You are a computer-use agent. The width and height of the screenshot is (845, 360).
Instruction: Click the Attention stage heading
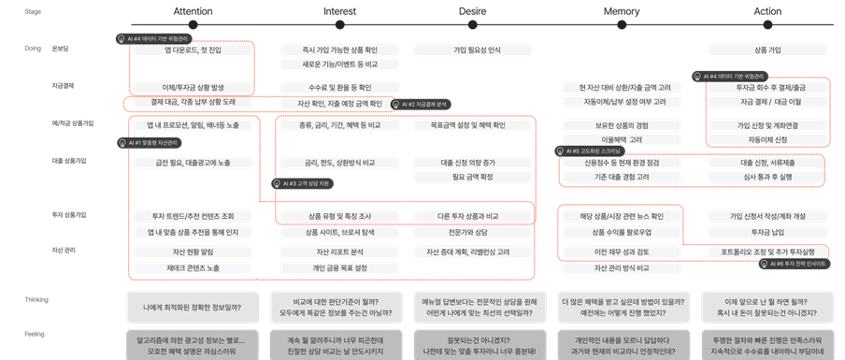pyautogui.click(x=192, y=10)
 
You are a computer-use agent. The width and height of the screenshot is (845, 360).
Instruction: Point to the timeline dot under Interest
pyautogui.click(x=338, y=24)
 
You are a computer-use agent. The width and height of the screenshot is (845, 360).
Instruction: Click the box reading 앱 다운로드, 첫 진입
pyautogui.click(x=192, y=49)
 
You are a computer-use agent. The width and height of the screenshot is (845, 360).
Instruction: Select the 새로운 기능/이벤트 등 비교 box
pyautogui.click(x=338, y=65)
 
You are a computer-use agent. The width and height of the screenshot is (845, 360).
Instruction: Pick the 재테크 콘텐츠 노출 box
pyautogui.click(x=192, y=268)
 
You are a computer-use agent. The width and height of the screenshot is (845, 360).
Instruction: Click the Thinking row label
pyautogui.click(x=36, y=298)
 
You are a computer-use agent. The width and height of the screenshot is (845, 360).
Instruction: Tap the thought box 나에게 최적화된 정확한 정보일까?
pyautogui.click(x=192, y=305)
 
